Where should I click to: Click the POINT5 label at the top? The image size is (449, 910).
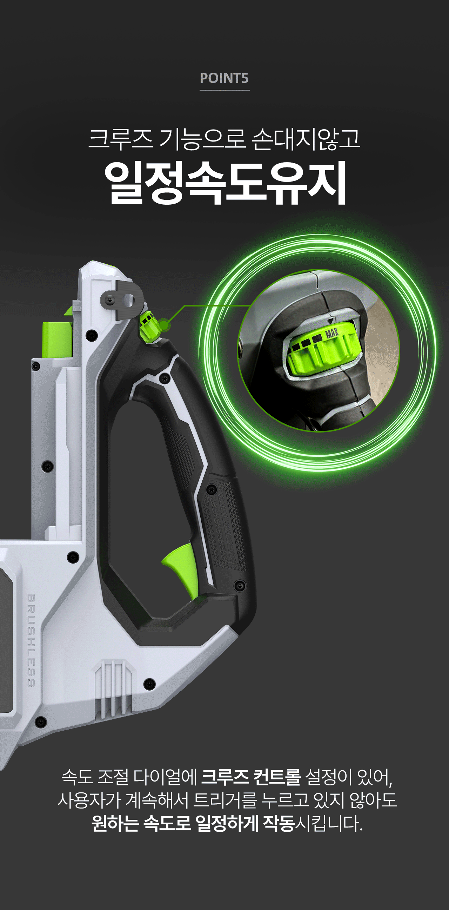[x=224, y=78]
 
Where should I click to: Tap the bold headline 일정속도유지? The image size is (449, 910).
[x=225, y=183]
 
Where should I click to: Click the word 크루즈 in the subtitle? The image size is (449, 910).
[x=120, y=139]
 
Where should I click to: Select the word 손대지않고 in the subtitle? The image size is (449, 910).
[x=306, y=139]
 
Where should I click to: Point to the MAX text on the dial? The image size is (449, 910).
[x=332, y=333]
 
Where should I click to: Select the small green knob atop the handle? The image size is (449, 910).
[x=149, y=327]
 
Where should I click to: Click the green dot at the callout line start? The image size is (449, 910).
[x=164, y=325]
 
